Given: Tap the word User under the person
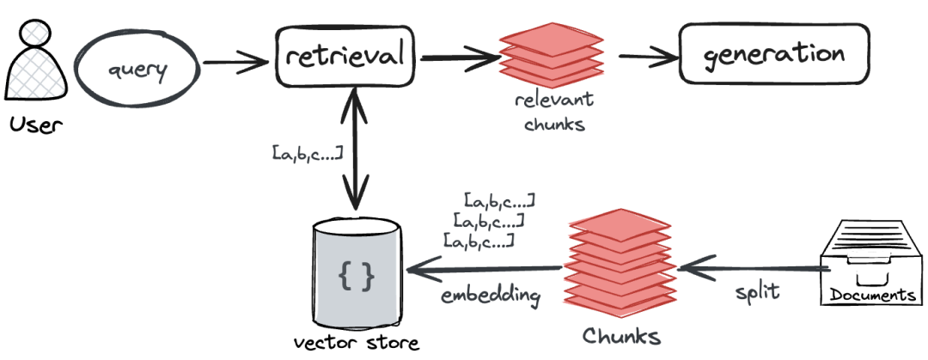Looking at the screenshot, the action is pos(36,125).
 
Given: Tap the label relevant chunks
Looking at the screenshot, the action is pos(554,111).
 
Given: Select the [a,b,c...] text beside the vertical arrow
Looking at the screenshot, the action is pos(308,152).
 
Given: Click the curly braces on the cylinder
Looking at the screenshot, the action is pos(357,275).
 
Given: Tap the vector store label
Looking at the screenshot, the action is pos(357,342).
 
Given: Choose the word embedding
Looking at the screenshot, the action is pos(491,295).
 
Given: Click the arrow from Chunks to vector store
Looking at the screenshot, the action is pos(484,270).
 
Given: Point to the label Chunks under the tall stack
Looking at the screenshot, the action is pos(621,336).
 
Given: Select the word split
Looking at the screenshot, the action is pos(758,291).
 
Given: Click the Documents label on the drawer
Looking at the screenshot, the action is pos(872,295).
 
